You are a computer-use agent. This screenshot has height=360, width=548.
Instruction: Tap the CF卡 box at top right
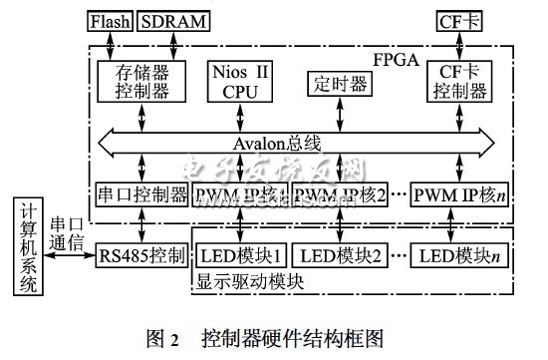coord(460,20)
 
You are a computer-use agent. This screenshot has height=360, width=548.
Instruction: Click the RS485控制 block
coord(141,256)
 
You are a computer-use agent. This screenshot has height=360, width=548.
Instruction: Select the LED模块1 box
coord(242,256)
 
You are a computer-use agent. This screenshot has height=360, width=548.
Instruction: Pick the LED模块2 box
coord(340,256)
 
